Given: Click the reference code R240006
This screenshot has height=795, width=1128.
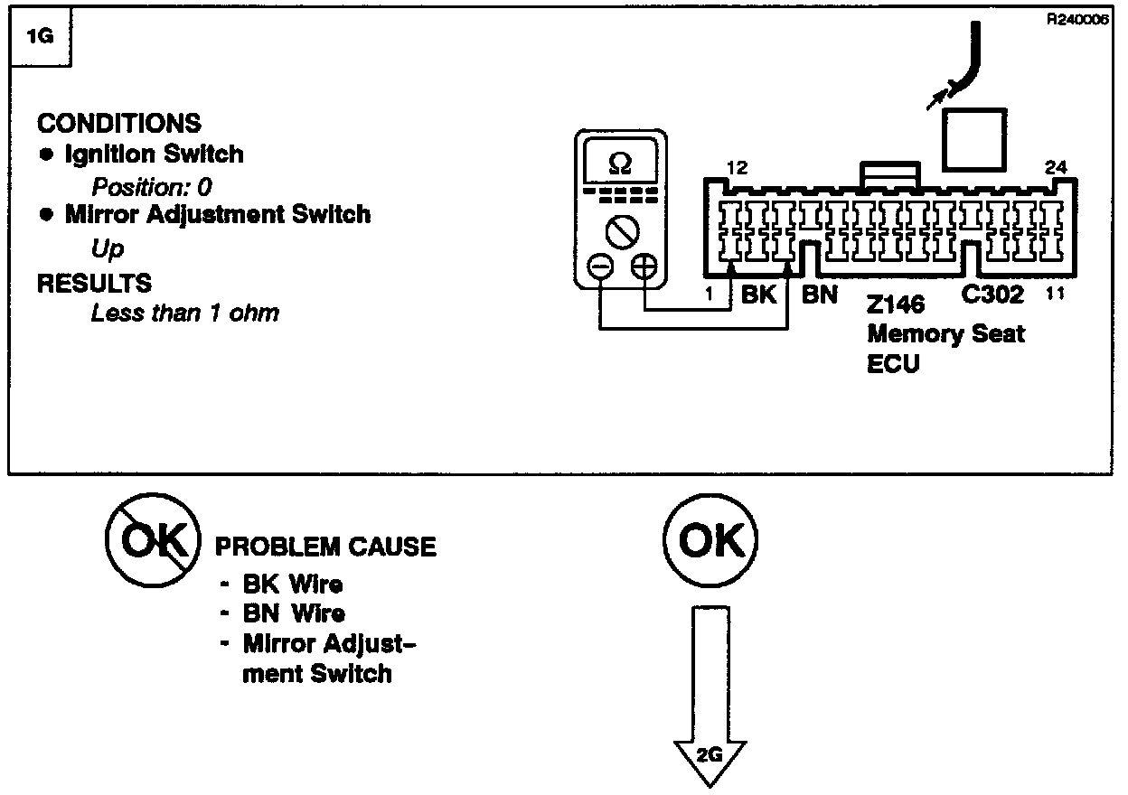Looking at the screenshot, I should point(1077,20).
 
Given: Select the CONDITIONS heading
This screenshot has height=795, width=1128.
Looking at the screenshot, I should point(119,123).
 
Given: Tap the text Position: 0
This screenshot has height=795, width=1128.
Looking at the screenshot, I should point(152,187).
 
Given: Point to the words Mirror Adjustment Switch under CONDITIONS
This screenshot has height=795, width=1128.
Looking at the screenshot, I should point(217,215).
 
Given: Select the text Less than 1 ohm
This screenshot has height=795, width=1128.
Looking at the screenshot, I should point(185,313).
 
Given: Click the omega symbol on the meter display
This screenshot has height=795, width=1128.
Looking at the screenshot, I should point(621,164).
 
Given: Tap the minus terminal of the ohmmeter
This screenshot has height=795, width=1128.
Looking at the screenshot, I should point(599,267).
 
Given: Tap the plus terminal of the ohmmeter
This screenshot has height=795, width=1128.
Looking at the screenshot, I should point(644,267).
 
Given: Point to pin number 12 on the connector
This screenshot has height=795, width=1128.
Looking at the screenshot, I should point(737,167).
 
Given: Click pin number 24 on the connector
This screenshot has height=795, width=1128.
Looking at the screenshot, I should point(1055,167).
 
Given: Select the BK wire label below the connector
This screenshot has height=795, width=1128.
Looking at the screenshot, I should point(759,294).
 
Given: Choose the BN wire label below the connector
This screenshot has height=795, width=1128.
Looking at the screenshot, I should point(820,294).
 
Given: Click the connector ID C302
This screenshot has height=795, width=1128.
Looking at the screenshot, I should point(992,295).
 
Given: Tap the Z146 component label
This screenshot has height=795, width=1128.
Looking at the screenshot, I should point(896,304).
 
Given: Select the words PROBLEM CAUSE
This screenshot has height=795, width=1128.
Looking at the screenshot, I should point(325,547).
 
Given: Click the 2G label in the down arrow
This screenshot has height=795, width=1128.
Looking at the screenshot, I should point(710,756).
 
